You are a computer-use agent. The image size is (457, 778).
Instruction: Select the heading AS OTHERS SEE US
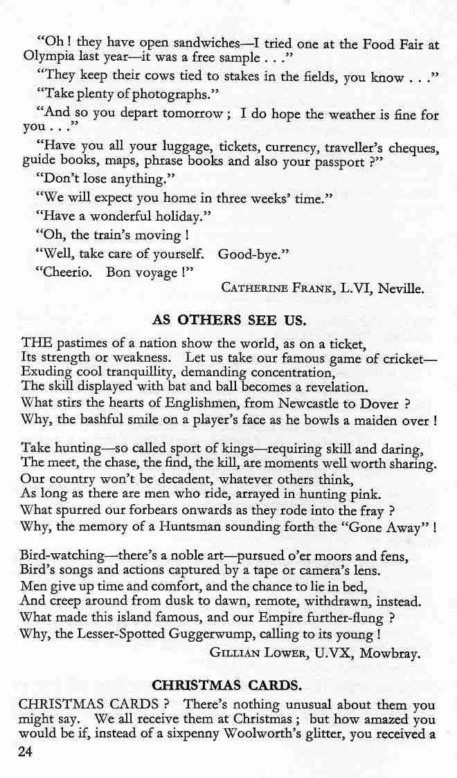click(228, 320)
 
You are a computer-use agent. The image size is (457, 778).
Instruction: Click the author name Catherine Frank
click(276, 288)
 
